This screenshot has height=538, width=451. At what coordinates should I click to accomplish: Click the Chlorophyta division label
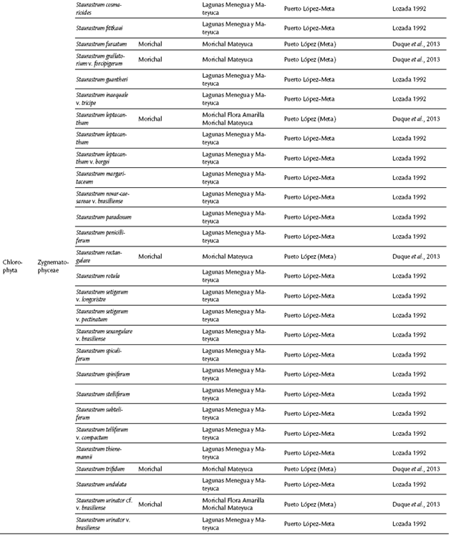coord(12,256)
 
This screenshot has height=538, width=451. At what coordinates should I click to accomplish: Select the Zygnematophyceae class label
coord(53,256)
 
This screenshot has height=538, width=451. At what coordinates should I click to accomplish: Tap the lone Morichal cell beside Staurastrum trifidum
coord(150,469)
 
